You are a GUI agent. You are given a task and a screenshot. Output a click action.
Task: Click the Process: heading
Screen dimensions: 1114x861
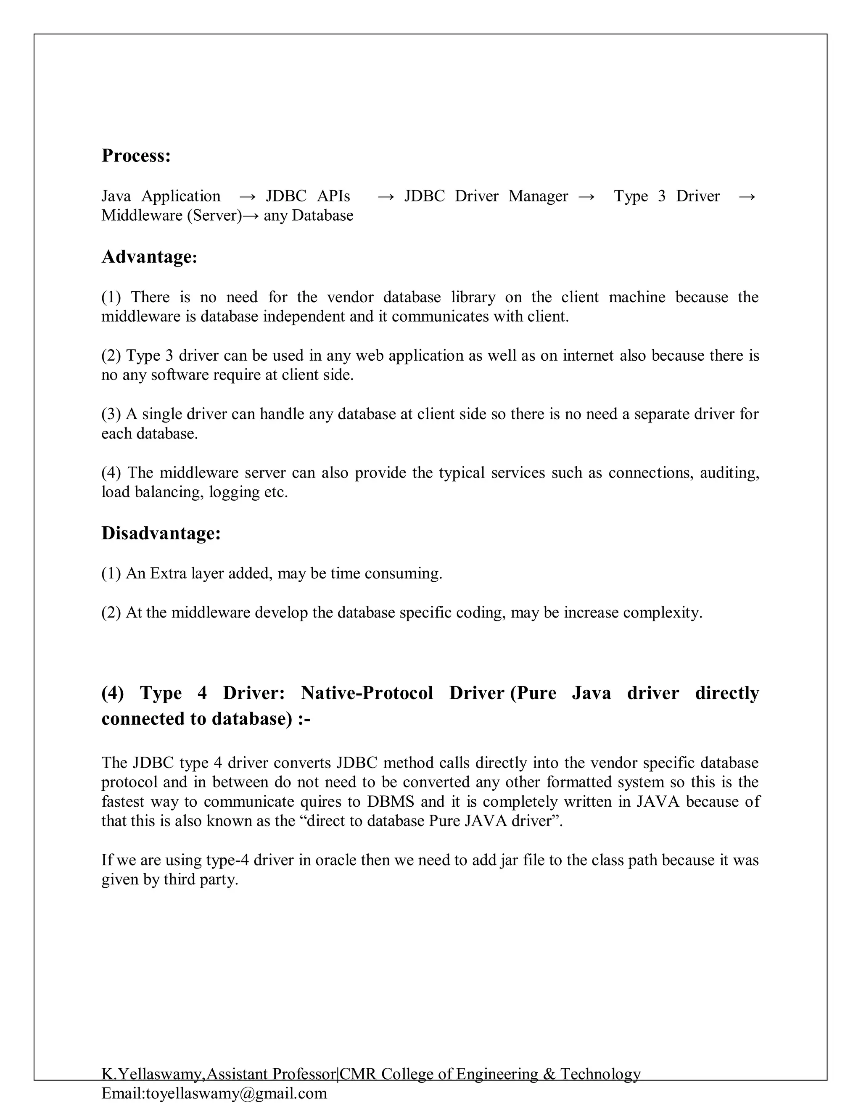(136, 156)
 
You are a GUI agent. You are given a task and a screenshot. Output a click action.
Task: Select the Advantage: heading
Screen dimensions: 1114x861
(149, 256)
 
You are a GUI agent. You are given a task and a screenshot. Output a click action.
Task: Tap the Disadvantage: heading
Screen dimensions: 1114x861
(161, 533)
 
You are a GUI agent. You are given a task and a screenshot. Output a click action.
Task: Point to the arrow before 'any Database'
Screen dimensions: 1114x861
(251, 215)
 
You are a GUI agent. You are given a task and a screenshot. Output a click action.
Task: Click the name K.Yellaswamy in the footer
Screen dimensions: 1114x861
(153, 1074)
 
